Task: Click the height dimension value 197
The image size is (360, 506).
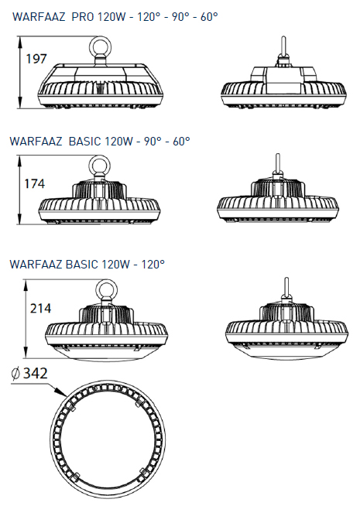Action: tap(36, 59)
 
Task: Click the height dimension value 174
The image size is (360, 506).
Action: tap(35, 183)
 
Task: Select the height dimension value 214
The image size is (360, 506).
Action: tap(41, 308)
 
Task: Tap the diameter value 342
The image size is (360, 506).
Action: tap(36, 373)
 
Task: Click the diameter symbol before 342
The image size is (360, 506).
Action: tap(15, 374)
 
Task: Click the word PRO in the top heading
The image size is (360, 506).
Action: tap(82, 16)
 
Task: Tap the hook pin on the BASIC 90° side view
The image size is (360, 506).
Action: tap(277, 165)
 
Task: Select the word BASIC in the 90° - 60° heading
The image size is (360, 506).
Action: tap(84, 141)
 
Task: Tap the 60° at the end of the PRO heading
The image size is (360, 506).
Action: tap(209, 16)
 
